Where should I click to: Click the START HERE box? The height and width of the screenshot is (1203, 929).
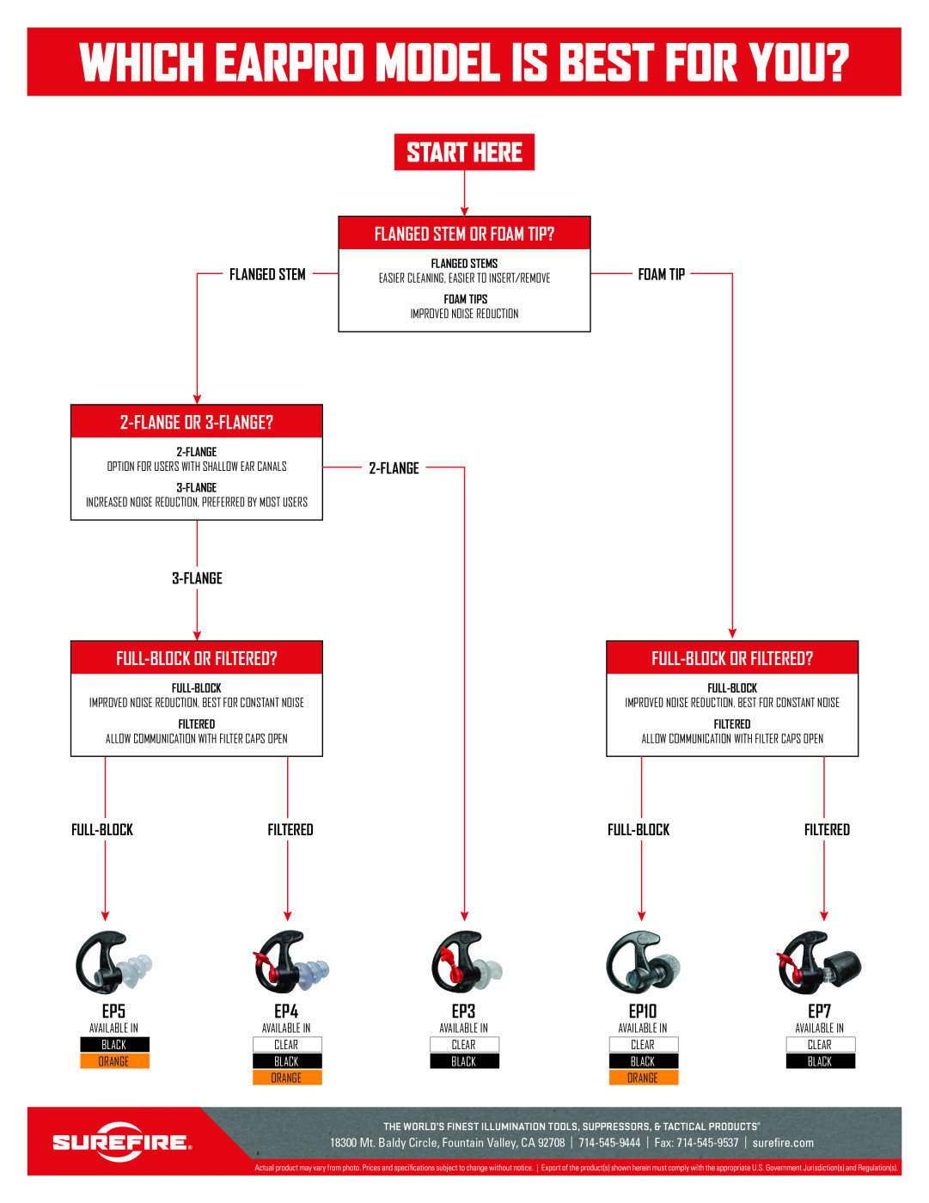(x=464, y=152)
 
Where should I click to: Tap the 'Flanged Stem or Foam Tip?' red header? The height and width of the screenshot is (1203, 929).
(x=464, y=234)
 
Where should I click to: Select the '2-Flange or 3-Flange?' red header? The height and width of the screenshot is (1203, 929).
(x=196, y=422)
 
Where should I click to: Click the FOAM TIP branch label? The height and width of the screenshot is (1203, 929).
(x=661, y=274)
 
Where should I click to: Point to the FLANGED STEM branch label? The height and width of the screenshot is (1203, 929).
(x=267, y=274)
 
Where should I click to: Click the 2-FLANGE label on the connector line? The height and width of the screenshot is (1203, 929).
(x=394, y=467)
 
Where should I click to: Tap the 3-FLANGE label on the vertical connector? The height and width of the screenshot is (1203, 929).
(x=197, y=578)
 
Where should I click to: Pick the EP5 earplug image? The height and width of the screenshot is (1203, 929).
(x=113, y=962)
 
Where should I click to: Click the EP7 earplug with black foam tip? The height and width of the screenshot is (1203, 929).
(x=820, y=962)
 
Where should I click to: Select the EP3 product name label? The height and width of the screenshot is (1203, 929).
(x=463, y=1011)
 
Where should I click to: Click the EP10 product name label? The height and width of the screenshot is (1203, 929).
(x=643, y=1011)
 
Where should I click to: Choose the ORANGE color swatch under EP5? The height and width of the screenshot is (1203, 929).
(x=114, y=1061)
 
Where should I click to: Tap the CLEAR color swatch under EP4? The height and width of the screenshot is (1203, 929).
(x=286, y=1045)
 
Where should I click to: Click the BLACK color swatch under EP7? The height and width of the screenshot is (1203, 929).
(x=820, y=1061)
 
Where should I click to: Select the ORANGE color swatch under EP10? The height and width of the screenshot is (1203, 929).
(x=643, y=1078)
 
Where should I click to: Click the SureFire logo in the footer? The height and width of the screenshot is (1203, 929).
(x=121, y=1142)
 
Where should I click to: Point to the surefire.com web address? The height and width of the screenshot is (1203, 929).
(x=783, y=1143)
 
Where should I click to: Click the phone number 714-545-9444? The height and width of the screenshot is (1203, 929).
(x=609, y=1143)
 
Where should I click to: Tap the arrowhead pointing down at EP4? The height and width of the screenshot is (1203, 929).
(x=287, y=916)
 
